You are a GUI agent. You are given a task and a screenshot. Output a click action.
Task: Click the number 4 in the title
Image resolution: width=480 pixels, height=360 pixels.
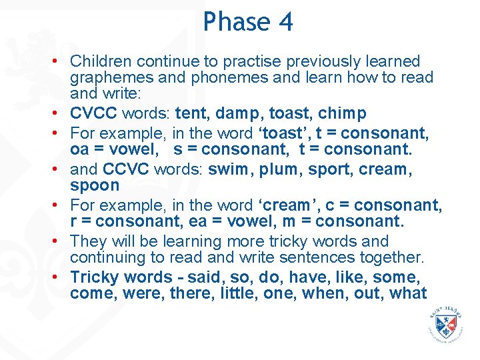285,22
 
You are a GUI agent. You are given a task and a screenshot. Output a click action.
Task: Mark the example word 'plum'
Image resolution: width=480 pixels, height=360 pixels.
278,169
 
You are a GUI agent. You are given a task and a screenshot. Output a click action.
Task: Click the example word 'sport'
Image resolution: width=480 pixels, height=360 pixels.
327,169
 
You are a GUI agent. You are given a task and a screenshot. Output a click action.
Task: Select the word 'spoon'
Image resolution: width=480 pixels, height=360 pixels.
95,185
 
